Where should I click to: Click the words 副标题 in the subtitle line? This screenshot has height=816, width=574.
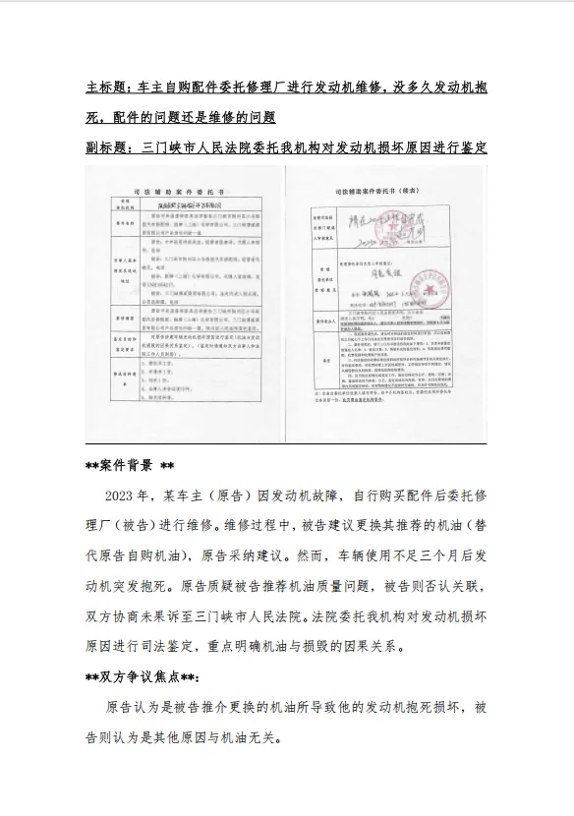106,148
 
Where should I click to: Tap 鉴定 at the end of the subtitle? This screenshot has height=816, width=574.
473,148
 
